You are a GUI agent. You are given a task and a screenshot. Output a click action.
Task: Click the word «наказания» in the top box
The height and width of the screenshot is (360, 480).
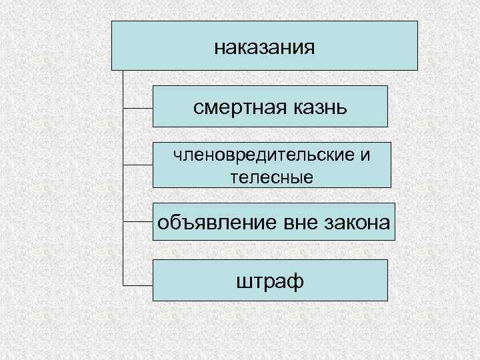click(x=265, y=48)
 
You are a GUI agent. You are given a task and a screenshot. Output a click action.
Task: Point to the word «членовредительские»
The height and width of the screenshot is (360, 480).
click(x=263, y=156)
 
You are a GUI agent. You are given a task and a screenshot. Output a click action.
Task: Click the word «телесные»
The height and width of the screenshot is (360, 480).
click(x=271, y=176)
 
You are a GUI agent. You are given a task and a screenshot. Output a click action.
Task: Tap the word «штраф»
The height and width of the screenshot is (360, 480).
click(x=269, y=281)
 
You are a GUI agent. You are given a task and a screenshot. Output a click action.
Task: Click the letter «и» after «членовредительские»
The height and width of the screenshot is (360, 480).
click(x=365, y=156)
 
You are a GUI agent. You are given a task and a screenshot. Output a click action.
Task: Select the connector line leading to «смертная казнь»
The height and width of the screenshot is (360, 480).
click(x=138, y=107)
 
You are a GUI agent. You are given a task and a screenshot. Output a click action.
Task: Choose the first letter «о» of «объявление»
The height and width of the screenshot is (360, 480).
click(x=162, y=222)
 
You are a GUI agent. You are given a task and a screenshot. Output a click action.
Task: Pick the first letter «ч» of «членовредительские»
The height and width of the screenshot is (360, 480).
click(x=176, y=156)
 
